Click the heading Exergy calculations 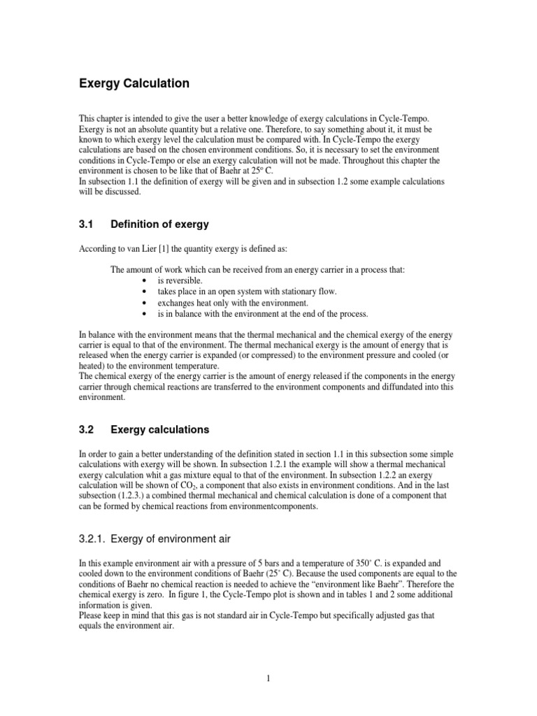pyautogui.click(x=160, y=429)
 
